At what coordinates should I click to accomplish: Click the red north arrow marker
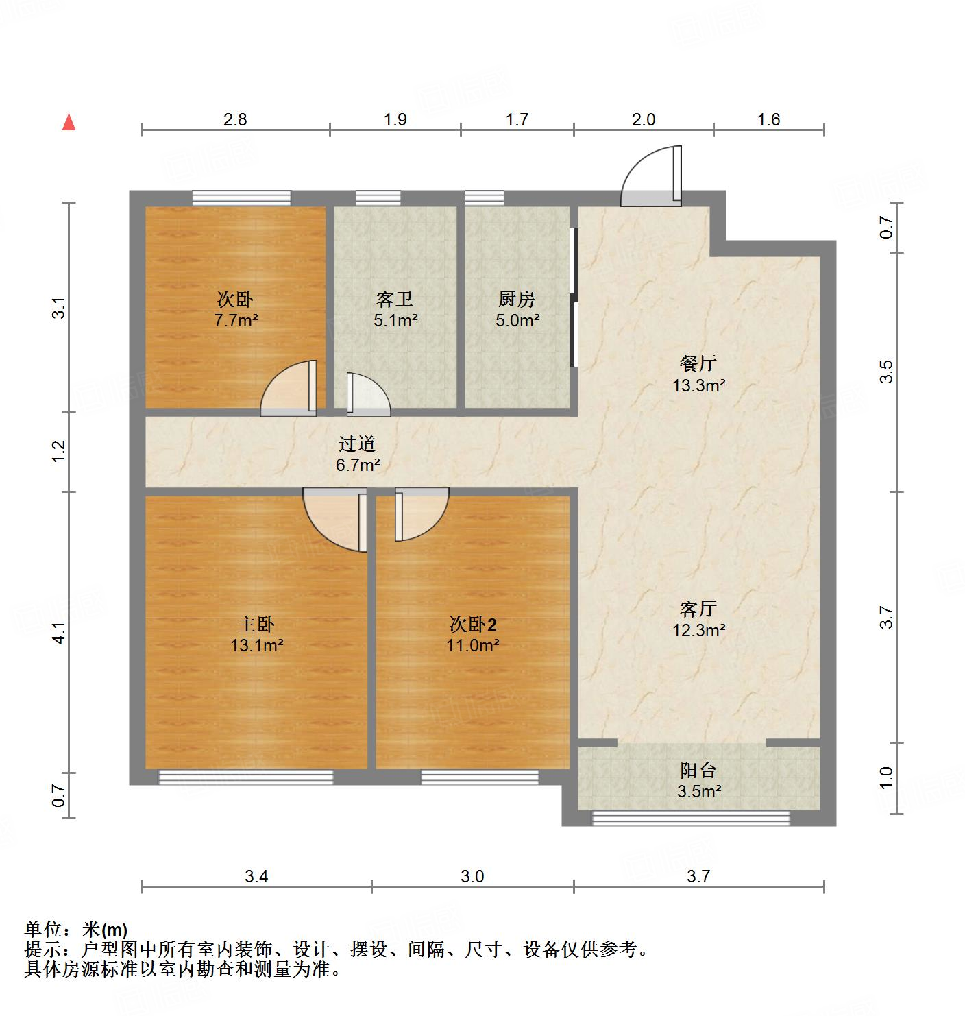pyautogui.click(x=69, y=123)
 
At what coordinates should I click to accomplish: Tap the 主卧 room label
pyautogui.click(x=256, y=624)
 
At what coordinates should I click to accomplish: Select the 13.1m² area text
pyautogui.click(x=257, y=645)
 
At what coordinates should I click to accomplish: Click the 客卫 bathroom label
pyautogui.click(x=395, y=299)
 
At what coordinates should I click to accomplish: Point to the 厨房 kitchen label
pyautogui.click(x=517, y=299)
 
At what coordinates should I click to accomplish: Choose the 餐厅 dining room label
pyautogui.click(x=698, y=363)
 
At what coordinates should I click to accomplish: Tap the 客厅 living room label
pyautogui.click(x=698, y=608)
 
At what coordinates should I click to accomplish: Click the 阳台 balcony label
pyautogui.click(x=698, y=771)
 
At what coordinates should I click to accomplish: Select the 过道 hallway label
pyautogui.click(x=357, y=444)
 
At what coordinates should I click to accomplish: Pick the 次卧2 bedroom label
pyautogui.click(x=473, y=624)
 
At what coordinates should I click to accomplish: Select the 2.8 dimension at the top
pyautogui.click(x=235, y=119)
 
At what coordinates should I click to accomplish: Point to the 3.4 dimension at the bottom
pyautogui.click(x=256, y=876)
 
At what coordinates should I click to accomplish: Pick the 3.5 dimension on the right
pyautogui.click(x=888, y=372)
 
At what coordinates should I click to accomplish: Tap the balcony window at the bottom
pyautogui.click(x=691, y=818)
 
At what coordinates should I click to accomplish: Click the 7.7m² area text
pyautogui.click(x=236, y=320)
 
